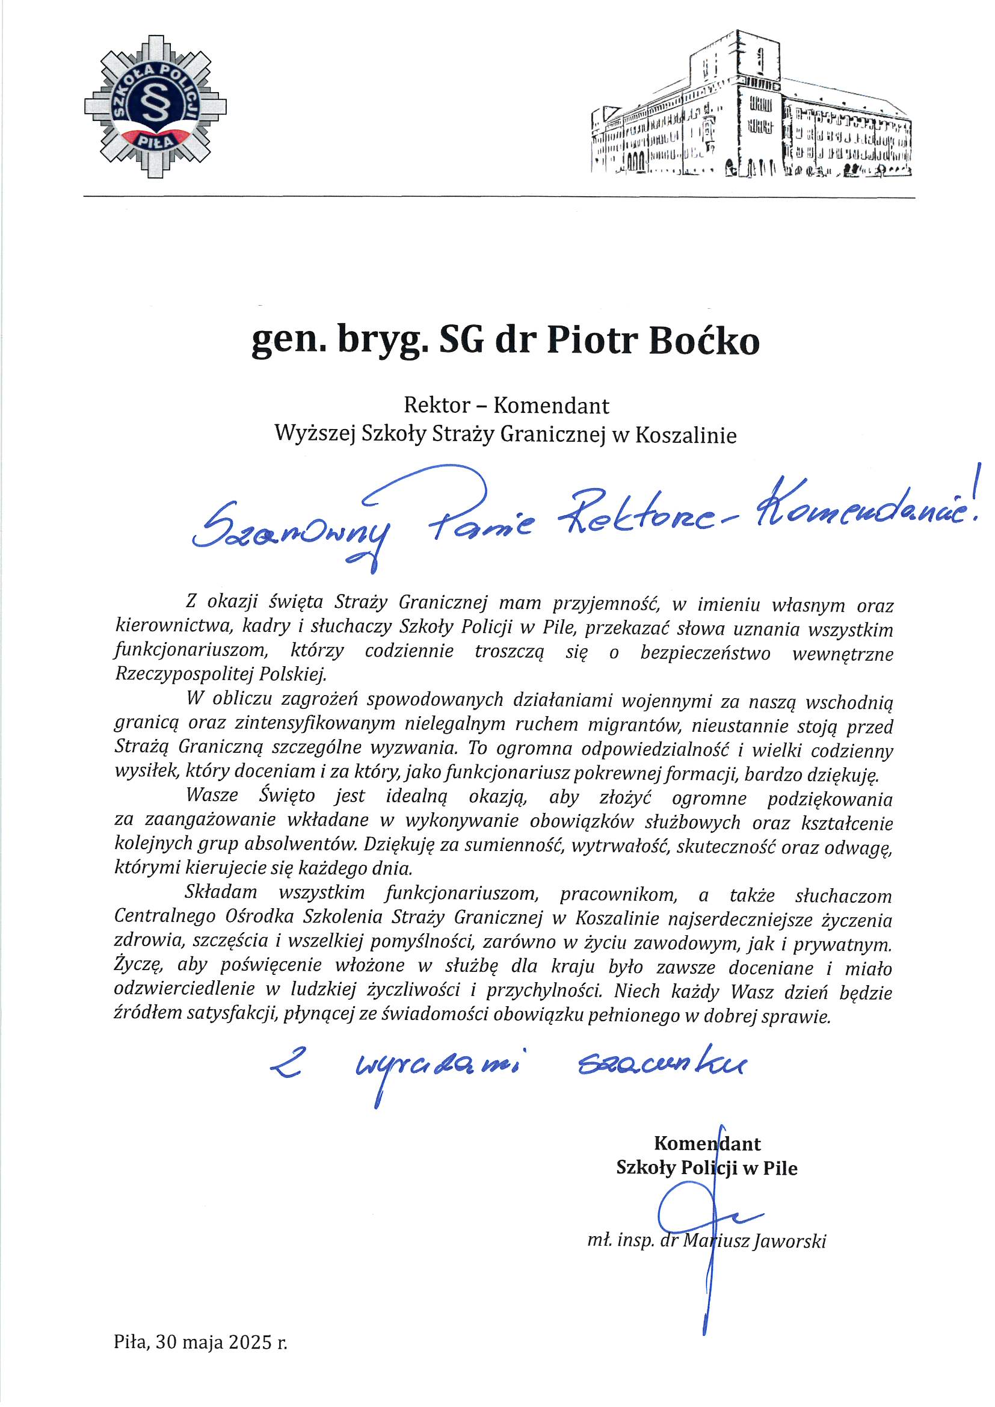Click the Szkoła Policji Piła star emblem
[156, 107]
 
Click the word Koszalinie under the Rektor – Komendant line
[686, 434]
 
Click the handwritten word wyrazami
[438, 1069]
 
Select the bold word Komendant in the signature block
[707, 1143]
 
